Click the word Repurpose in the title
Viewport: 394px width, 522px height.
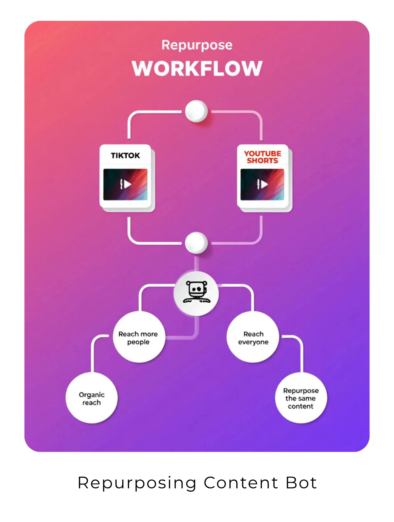tap(197, 45)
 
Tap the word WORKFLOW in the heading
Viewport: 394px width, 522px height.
tap(197, 68)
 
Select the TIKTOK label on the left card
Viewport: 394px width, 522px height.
tap(125, 155)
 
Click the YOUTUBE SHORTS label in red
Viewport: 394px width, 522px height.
tap(263, 157)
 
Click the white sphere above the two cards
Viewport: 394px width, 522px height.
tap(196, 111)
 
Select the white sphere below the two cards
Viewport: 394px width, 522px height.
tap(196, 243)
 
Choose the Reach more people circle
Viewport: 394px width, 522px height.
tap(138, 337)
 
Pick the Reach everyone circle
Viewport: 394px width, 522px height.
tap(253, 337)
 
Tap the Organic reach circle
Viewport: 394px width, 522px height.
tap(91, 398)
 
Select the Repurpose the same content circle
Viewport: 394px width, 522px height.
tap(301, 398)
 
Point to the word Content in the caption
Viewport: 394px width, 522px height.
tap(241, 483)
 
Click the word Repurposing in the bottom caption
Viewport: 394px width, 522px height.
tap(137, 483)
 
